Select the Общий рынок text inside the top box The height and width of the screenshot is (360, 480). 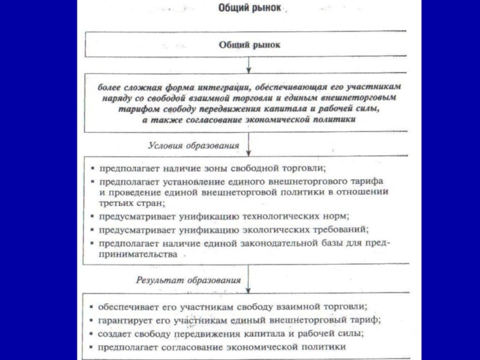tap(249, 44)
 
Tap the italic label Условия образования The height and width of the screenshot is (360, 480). tap(193, 146)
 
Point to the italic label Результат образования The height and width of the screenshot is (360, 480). tap(188, 280)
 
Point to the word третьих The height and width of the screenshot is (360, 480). tap(119, 203)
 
